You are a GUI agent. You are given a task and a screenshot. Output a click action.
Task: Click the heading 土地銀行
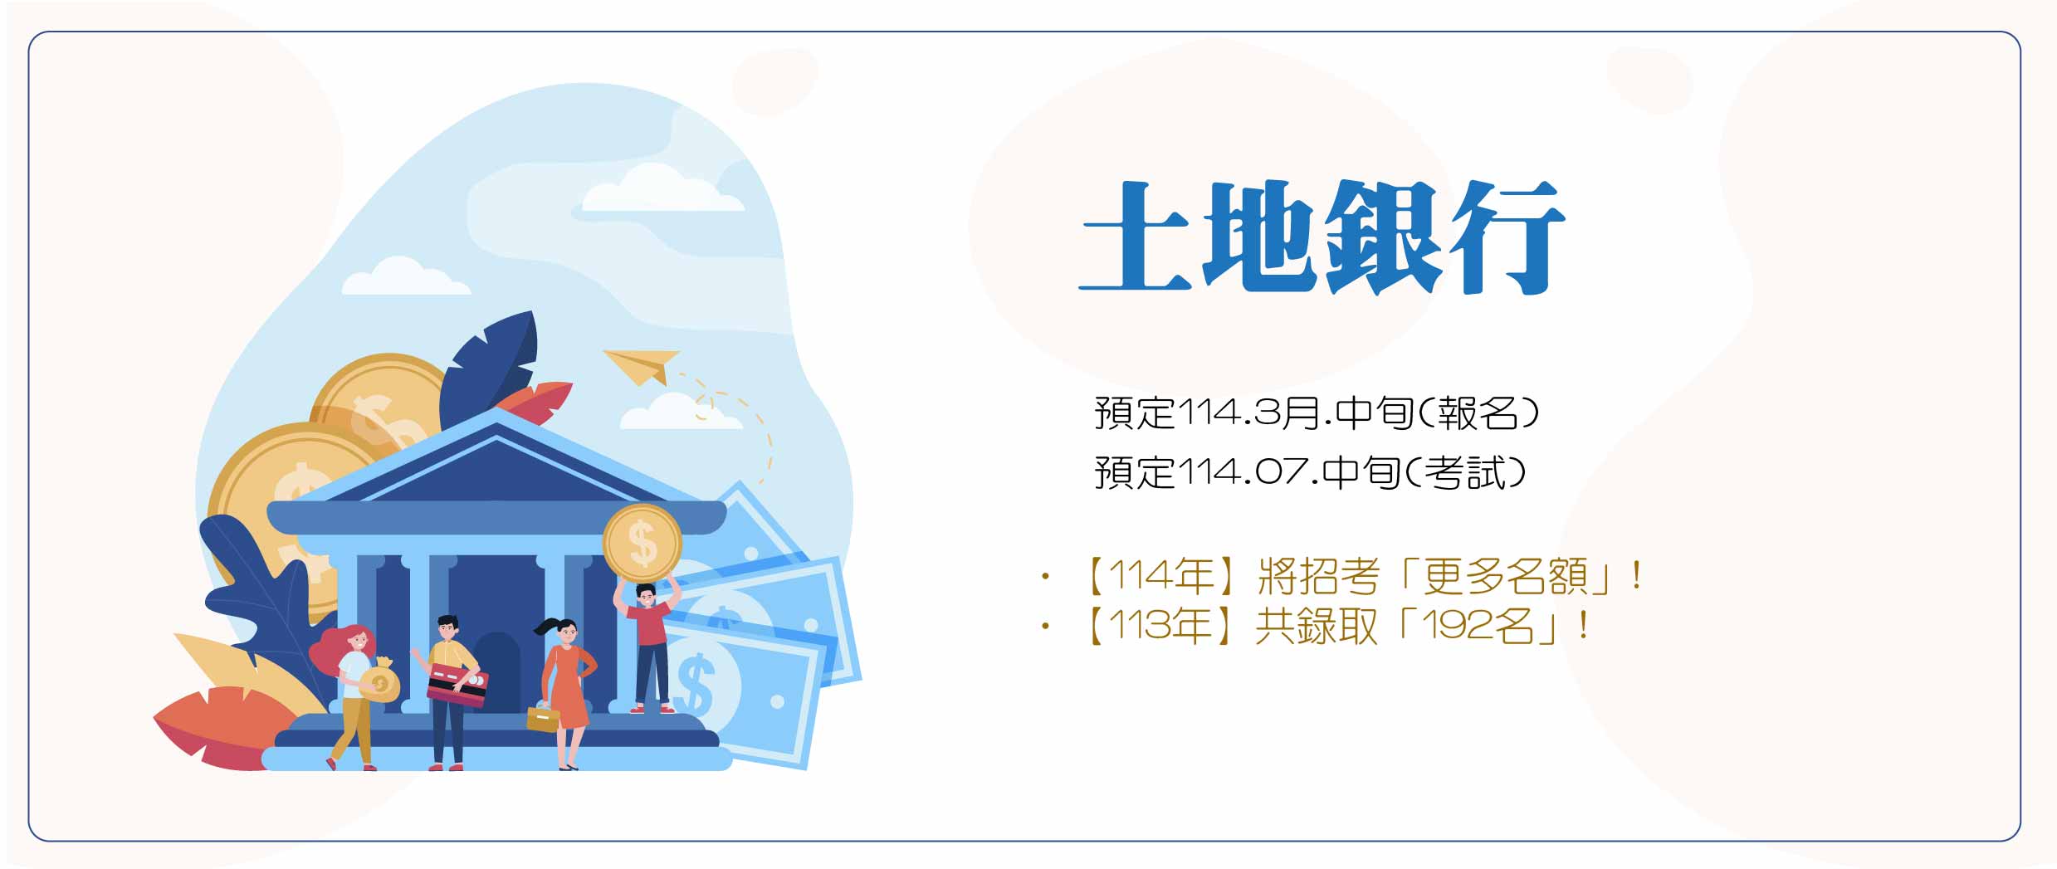[x=1322, y=237]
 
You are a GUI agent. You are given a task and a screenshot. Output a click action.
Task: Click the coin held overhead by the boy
[x=642, y=543]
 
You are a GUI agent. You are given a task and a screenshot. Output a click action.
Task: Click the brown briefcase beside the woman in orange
[x=543, y=718]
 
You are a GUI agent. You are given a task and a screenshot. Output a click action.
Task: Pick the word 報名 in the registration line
[x=1478, y=413]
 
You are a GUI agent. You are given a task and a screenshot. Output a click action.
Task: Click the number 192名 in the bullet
[x=1478, y=626]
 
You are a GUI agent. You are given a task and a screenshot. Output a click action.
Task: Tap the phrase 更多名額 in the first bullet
[x=1506, y=576]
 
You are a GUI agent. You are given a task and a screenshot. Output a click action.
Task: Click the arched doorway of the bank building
[x=496, y=671]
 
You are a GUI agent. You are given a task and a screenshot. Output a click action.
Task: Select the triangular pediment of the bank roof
[x=496, y=465]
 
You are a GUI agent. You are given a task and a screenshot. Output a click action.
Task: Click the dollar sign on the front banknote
[x=696, y=682]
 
